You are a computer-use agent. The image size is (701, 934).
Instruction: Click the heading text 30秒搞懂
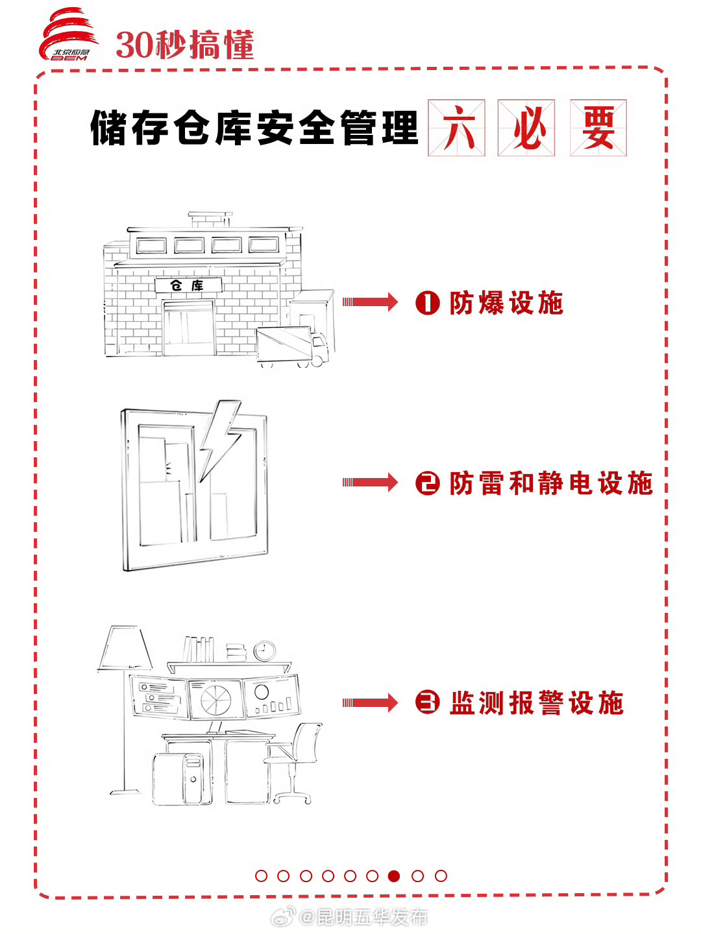(185, 45)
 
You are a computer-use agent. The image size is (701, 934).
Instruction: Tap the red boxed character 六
(456, 128)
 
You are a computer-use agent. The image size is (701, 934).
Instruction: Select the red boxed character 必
(526, 128)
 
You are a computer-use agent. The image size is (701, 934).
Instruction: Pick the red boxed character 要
(598, 128)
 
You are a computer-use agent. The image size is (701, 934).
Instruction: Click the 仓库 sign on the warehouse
(188, 285)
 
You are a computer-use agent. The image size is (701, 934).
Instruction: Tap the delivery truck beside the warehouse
(292, 346)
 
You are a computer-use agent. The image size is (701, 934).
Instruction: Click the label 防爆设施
(506, 303)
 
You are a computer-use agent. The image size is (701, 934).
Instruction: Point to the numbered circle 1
(428, 303)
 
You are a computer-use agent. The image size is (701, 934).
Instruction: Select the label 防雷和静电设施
(550, 483)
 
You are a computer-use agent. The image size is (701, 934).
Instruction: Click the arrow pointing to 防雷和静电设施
(370, 482)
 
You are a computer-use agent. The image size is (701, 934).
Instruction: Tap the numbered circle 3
(428, 702)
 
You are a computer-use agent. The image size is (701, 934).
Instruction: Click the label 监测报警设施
(536, 703)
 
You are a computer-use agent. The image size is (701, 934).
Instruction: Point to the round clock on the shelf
(265, 651)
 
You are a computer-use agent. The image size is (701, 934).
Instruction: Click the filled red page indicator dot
(394, 876)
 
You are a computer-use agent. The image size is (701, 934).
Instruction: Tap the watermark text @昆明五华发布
(363, 917)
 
